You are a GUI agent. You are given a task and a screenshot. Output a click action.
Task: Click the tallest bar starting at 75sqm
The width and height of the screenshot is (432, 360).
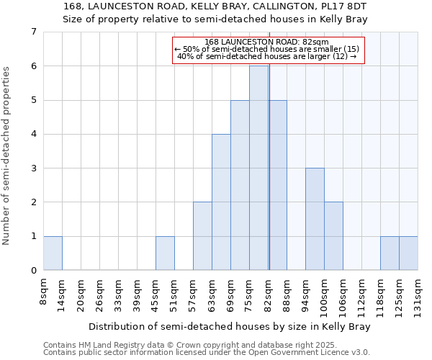[258, 168]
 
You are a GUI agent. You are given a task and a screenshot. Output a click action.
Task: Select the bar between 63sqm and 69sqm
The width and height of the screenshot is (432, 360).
[221, 202]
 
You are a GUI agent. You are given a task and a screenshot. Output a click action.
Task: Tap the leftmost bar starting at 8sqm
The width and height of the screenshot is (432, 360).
[53, 253]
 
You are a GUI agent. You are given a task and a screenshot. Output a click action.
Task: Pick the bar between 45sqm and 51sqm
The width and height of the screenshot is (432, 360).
[165, 253]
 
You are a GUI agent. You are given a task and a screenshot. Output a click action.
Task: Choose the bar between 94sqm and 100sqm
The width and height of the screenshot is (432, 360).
[315, 219]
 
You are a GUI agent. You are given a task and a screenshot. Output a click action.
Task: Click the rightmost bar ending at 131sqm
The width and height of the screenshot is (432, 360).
[408, 253]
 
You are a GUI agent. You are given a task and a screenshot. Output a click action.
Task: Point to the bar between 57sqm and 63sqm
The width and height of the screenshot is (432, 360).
[202, 235]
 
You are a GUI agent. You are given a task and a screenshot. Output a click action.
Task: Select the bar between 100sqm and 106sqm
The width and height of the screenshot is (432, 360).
[333, 235]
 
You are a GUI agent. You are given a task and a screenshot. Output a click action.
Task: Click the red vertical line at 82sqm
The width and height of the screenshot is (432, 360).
[269, 180]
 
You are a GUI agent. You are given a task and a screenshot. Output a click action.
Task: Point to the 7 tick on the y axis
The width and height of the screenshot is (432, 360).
[33, 32]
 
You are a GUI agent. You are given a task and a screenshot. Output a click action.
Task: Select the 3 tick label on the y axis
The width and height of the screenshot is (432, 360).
[33, 168]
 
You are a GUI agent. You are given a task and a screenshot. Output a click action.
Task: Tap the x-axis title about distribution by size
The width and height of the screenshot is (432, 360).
[230, 326]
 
